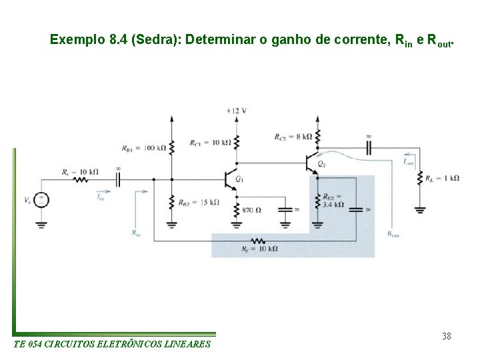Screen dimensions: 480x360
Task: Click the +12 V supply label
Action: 236,111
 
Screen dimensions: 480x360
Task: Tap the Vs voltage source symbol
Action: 41,199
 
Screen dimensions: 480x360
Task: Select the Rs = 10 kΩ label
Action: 80,171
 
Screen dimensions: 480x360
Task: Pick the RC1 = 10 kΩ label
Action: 210,143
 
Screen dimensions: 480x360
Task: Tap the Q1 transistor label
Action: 239,180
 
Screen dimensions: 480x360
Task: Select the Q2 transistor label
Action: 322,164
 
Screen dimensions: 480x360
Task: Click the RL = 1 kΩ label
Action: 443,178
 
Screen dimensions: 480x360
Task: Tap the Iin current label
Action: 100,197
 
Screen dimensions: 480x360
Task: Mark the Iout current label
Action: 408,161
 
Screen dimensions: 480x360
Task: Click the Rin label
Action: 135,233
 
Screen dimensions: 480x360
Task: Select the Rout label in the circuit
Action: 393,234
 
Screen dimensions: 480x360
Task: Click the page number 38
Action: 446,336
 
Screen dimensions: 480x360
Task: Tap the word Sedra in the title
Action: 157,39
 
